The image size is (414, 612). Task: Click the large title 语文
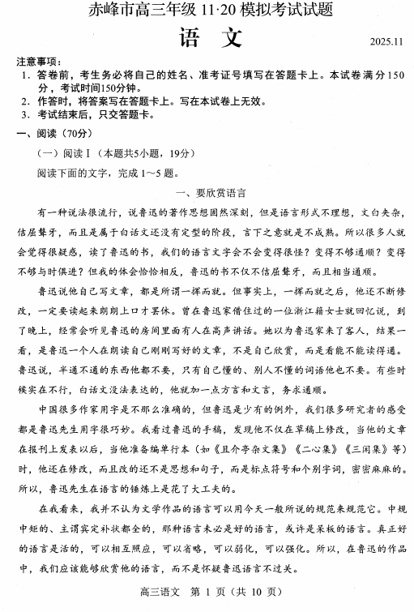tap(209, 39)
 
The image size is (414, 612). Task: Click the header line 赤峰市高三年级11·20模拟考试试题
tap(210, 12)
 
